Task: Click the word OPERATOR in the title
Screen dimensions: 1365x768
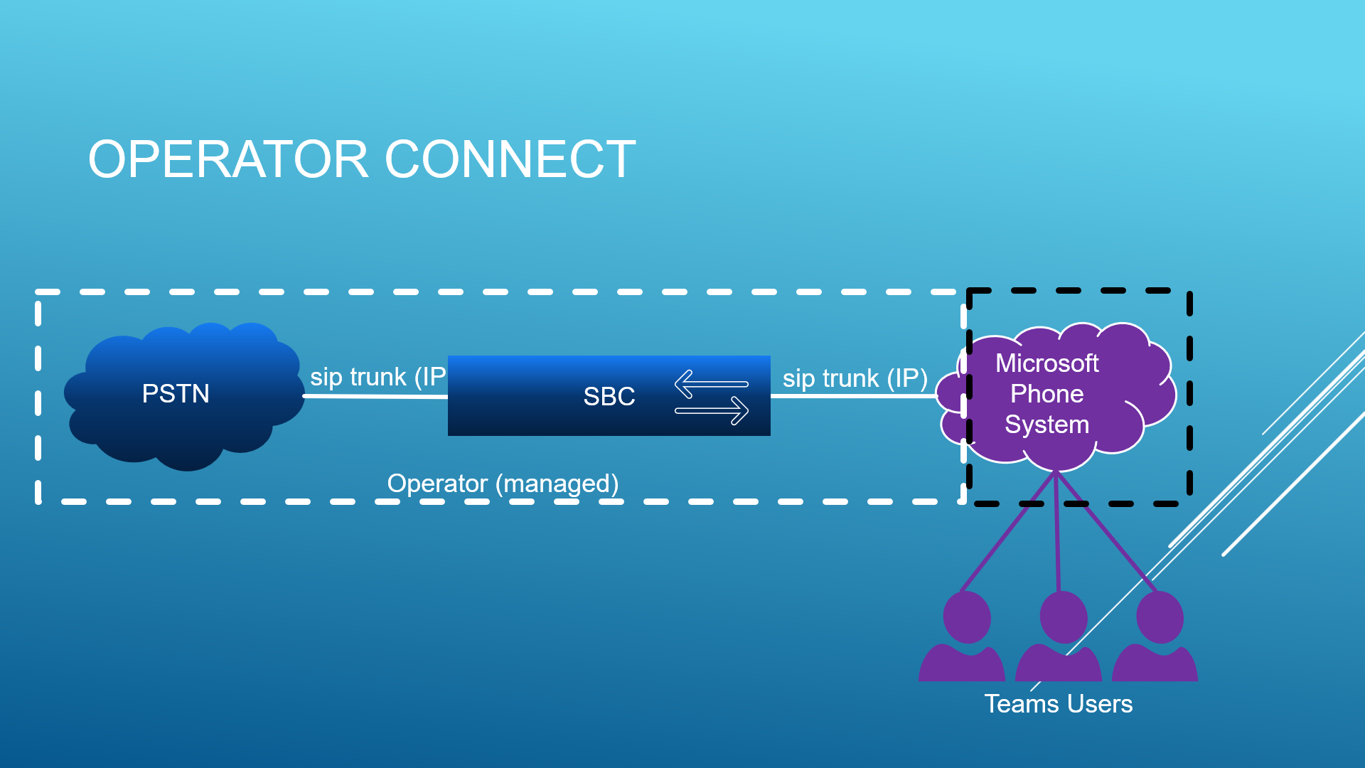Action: click(228, 159)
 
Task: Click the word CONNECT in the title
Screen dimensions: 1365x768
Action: click(510, 159)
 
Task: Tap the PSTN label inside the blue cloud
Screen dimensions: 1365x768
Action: click(176, 393)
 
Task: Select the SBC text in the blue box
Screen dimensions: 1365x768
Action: click(609, 396)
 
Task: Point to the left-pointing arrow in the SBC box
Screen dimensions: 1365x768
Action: click(711, 384)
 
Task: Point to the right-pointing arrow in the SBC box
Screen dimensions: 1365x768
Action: click(712, 410)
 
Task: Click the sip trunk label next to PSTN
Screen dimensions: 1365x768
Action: click(378, 377)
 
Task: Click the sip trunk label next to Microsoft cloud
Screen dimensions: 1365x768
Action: click(855, 378)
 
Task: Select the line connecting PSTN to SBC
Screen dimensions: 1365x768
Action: click(375, 397)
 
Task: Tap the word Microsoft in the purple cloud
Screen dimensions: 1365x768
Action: click(1047, 363)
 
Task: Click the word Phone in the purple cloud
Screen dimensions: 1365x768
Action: click(1047, 394)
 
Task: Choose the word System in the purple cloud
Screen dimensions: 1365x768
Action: click(1047, 425)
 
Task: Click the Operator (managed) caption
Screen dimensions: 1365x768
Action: click(503, 484)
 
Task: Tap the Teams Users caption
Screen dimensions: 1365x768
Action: click(1059, 704)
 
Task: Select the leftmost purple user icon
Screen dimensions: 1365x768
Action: click(962, 636)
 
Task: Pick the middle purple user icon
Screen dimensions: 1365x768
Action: click(1059, 636)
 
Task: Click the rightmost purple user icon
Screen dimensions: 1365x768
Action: click(1155, 636)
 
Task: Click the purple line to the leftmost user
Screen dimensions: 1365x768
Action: click(1008, 531)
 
